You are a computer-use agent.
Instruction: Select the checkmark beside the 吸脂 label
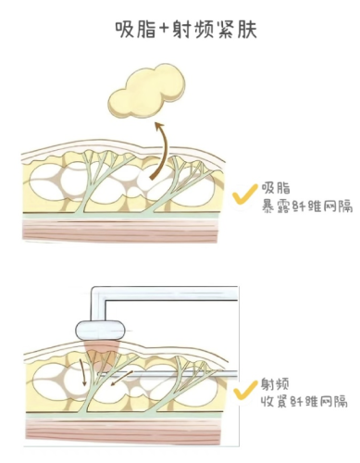(242, 195)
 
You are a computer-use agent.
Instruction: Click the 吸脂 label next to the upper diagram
(278, 187)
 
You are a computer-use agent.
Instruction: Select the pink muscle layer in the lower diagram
(119, 430)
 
